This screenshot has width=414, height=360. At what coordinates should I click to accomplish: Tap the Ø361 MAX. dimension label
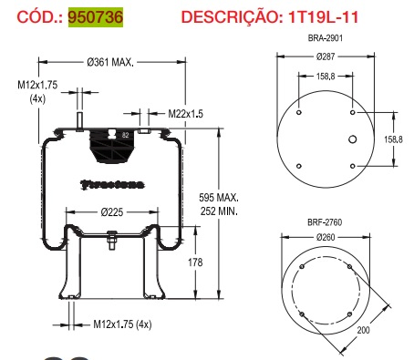click(x=110, y=63)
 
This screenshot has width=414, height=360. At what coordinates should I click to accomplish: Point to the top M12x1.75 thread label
click(x=36, y=84)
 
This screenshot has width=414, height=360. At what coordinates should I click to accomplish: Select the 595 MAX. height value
click(x=220, y=198)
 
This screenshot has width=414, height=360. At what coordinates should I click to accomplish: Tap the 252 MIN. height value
click(x=220, y=211)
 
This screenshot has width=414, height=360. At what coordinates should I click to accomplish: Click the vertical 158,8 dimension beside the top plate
click(x=393, y=139)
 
